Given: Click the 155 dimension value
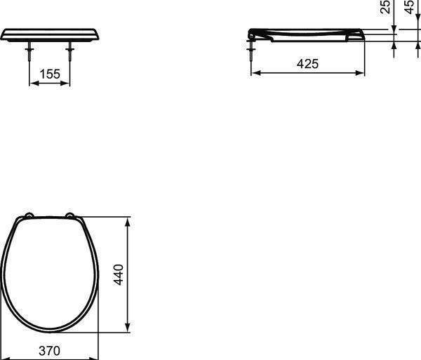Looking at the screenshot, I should click(49, 74).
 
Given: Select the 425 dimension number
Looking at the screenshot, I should click(307, 64).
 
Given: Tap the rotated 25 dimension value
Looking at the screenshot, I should click(385, 8).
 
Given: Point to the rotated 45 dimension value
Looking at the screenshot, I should click(410, 8).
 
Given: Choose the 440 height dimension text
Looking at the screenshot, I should click(119, 274).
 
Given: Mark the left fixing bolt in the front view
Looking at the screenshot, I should click(29, 54).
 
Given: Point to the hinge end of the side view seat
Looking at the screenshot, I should click(252, 33).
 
